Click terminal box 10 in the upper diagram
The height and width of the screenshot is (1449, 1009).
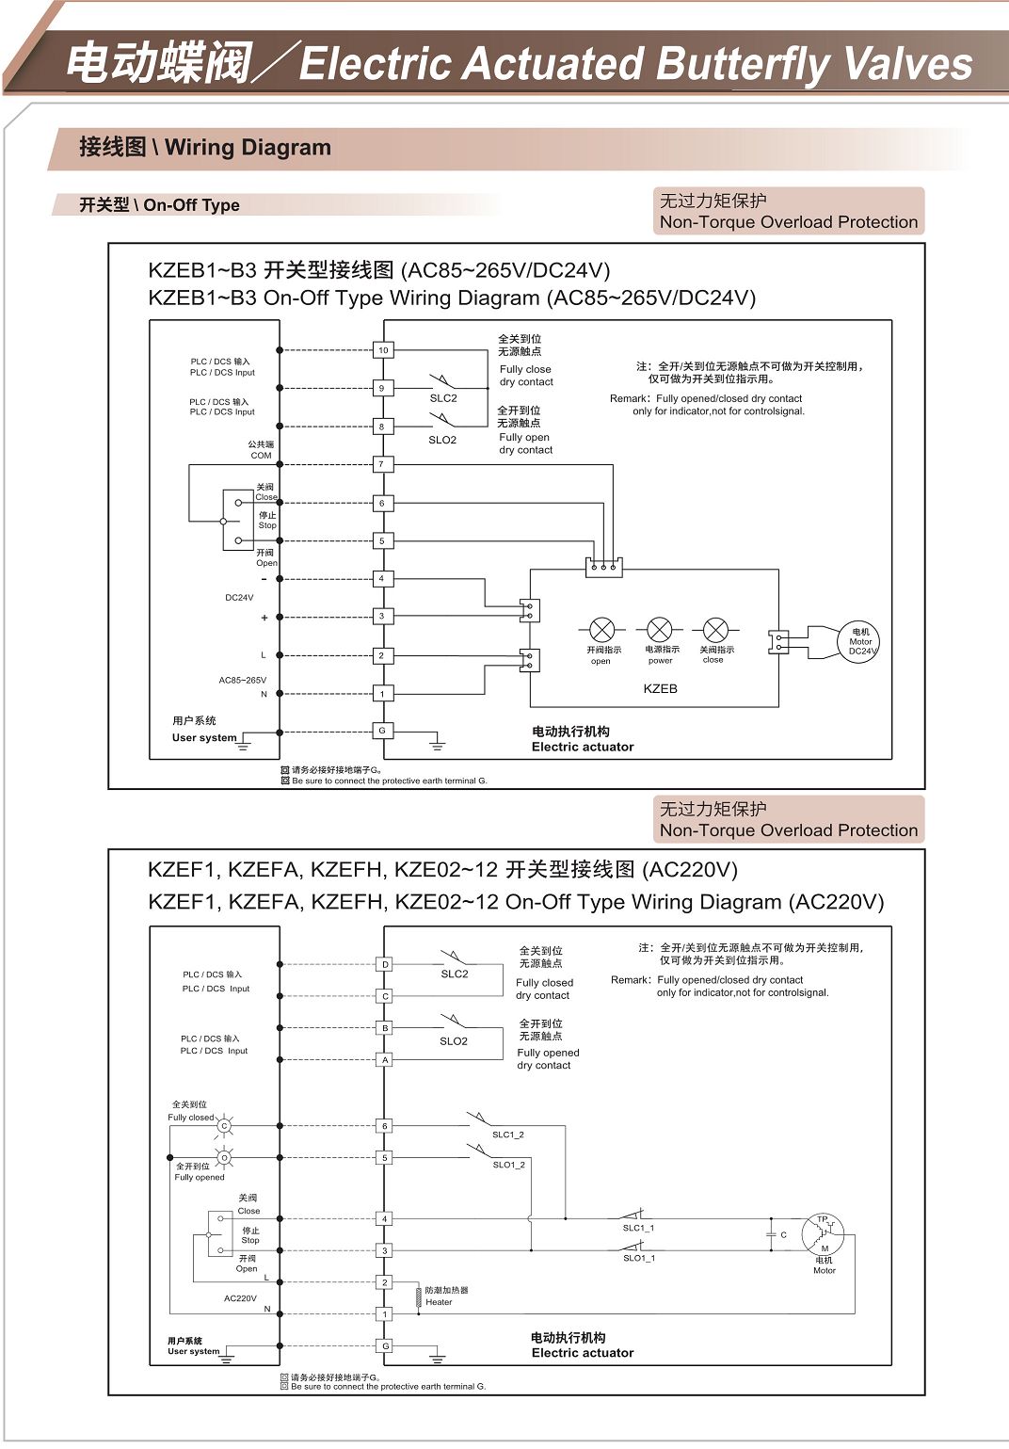383,350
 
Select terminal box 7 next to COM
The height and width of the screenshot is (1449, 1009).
381,464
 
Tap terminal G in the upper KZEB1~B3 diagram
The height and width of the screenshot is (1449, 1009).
381,731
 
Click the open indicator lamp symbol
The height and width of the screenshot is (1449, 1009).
601,630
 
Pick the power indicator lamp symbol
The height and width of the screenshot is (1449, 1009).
660,630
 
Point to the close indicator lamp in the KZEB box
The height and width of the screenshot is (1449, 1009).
715,630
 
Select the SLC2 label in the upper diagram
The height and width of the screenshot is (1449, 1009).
443,398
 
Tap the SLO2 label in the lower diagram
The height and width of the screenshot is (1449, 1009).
454,1041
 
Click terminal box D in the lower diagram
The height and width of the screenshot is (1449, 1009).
385,964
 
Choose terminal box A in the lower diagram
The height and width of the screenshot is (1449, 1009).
385,1060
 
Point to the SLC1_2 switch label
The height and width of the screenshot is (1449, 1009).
508,1135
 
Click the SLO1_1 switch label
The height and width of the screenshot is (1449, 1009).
639,1258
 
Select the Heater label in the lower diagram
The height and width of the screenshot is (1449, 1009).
439,1302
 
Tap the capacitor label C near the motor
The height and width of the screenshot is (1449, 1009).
783,1234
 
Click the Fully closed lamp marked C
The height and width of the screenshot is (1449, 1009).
224,1126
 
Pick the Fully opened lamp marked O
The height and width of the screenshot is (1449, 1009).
224,1158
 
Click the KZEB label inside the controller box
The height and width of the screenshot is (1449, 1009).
660,689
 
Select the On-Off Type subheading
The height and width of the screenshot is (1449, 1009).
159,205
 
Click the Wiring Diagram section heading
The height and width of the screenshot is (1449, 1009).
205,148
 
